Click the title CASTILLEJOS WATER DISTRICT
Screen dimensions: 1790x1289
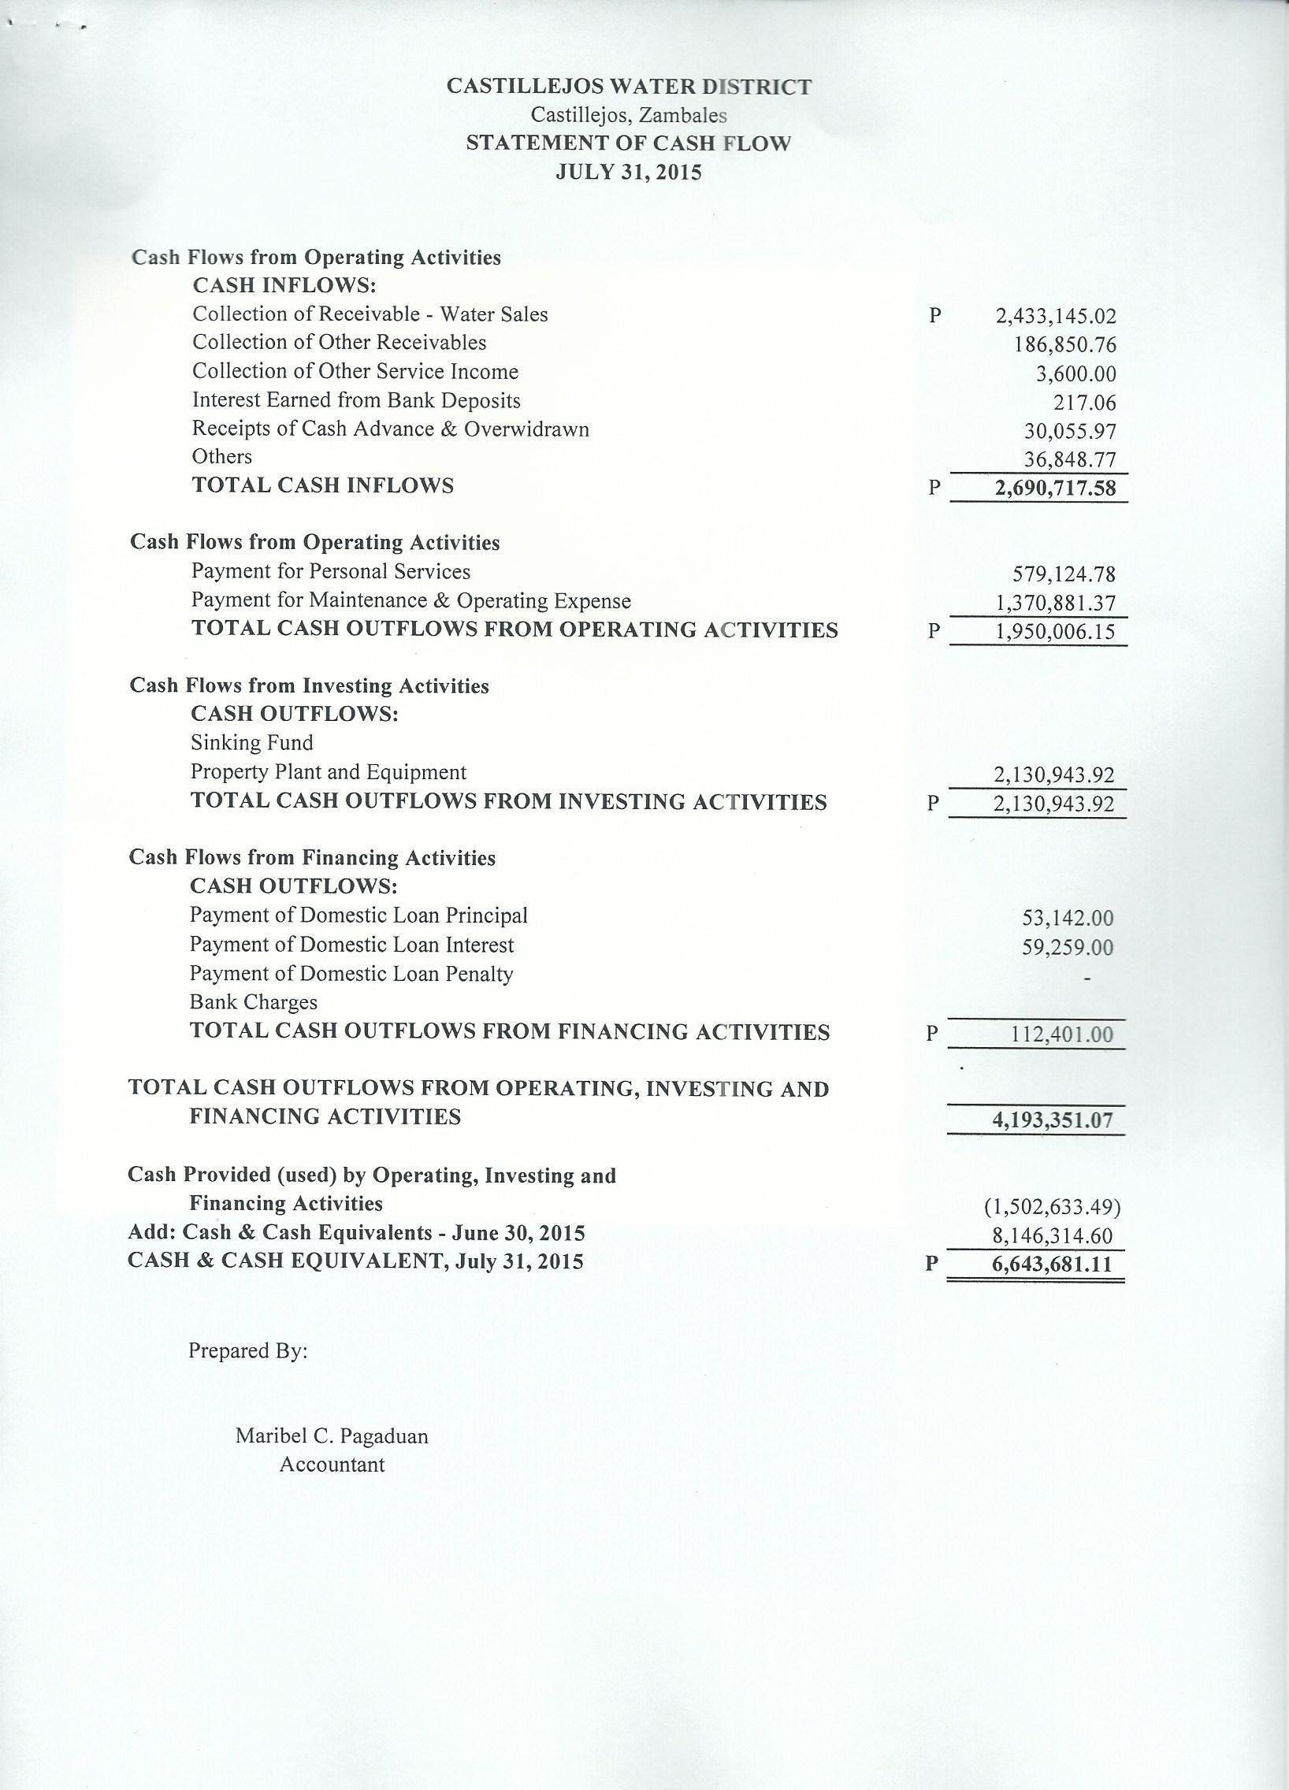(628, 87)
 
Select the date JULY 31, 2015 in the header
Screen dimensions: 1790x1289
(628, 172)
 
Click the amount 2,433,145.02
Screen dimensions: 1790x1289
(1056, 318)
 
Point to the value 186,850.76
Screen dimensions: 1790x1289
(1065, 345)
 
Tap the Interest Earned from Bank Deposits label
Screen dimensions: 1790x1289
(356, 401)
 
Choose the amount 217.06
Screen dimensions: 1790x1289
(1086, 403)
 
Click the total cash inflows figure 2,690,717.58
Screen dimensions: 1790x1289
(1056, 488)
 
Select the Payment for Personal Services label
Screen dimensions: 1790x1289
(331, 571)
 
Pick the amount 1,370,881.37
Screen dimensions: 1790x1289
(1056, 604)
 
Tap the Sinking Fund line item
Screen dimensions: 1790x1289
(252, 743)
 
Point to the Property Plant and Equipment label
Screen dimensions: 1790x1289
(329, 772)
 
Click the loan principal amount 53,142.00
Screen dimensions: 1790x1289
(1067, 918)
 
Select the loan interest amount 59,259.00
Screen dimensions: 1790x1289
(1067, 947)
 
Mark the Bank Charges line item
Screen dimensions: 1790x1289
(254, 1002)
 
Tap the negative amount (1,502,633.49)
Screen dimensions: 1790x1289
(1052, 1208)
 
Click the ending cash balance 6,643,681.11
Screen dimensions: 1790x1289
(1052, 1265)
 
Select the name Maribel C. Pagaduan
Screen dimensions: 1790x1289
(332, 1435)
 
